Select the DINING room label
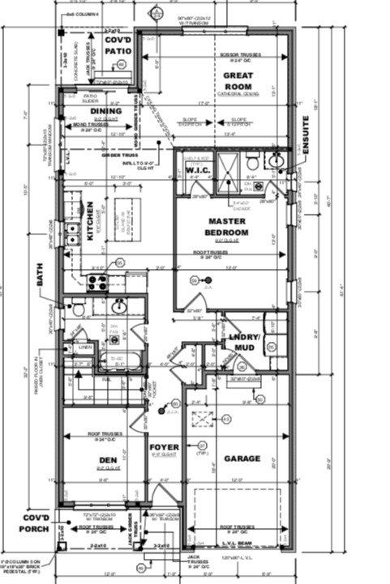tap(105, 111)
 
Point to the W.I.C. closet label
tap(199, 171)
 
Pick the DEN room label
tap(109, 459)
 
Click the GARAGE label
tap(242, 458)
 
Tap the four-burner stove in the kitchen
tap(98, 283)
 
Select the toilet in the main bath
tap(78, 309)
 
